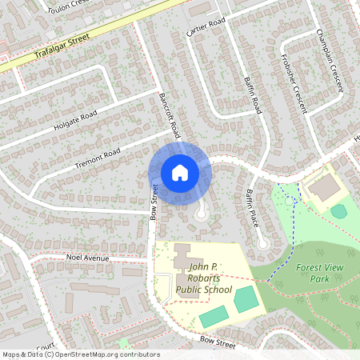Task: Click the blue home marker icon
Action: (x=180, y=172)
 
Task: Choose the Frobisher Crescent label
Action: (x=294, y=79)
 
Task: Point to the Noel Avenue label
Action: (x=86, y=258)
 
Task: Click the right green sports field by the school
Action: (x=246, y=299)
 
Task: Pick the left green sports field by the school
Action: (x=213, y=316)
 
